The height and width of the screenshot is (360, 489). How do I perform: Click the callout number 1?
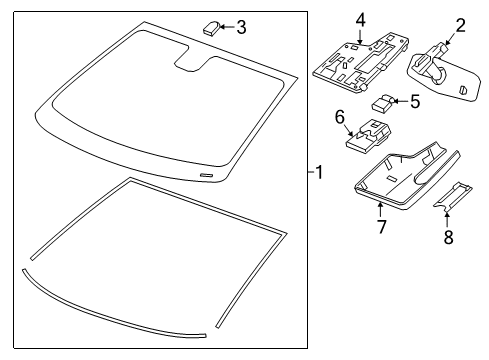coord(318,173)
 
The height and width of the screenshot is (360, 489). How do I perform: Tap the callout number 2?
coord(461,25)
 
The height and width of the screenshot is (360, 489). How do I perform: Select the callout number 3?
coord(241,26)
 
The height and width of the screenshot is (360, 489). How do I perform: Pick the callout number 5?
coord(413,100)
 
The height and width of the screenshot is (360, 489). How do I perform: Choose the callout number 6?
coord(339,118)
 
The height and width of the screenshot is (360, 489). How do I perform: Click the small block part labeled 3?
coord(211,28)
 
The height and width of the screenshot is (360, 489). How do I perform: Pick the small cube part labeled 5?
coord(383,102)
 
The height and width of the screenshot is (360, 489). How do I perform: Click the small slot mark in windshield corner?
coord(208,175)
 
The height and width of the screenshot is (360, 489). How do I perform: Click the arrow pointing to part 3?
coord(227,27)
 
